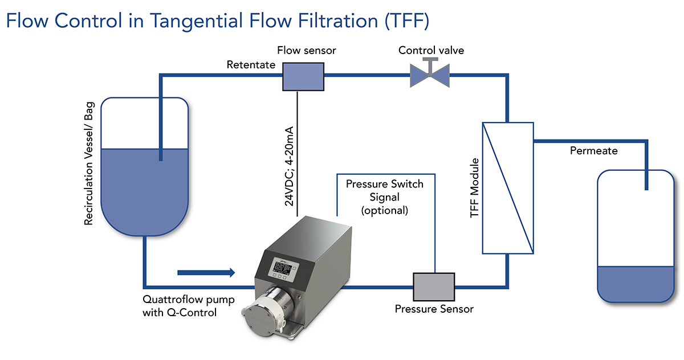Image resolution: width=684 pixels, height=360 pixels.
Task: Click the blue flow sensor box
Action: [303, 76]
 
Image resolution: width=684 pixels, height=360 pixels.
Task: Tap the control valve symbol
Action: [430, 74]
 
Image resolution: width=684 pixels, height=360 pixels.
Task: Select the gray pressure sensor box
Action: [434, 287]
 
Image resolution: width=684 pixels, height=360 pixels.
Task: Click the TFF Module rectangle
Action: [508, 187]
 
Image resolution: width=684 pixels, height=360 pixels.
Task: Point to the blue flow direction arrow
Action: [206, 272]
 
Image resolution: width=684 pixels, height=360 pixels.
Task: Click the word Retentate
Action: [251, 65]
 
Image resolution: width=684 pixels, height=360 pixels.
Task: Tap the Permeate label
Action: [594, 151]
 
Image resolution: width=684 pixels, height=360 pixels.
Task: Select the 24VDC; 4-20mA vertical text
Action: [289, 165]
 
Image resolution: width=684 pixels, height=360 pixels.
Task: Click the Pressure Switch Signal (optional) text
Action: [385, 197]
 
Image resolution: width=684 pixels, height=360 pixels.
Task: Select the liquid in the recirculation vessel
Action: [144, 182]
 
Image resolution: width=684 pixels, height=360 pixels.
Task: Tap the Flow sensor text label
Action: [306, 51]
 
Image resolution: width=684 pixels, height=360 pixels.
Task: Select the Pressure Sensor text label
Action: [434, 309]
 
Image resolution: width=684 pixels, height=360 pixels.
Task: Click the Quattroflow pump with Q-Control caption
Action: [180, 305]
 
